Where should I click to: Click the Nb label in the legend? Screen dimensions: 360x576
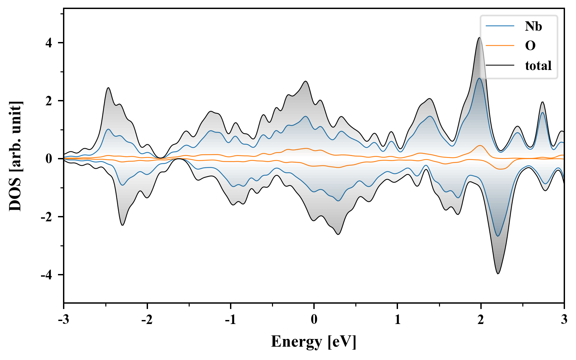[533, 26]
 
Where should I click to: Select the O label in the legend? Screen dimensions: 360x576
[530, 46]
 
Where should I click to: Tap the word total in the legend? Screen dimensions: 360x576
[538, 66]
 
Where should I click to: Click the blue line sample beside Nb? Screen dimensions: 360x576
[500, 26]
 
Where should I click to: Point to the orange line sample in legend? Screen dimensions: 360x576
[500, 46]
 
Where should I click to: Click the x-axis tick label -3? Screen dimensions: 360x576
[63, 320]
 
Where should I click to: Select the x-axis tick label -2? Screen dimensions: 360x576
[147, 320]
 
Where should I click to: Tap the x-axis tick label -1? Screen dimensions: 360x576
[230, 320]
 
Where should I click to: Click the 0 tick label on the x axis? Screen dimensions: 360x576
[314, 320]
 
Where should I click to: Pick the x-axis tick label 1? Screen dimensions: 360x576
[397, 320]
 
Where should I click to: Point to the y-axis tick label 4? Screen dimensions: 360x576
[49, 43]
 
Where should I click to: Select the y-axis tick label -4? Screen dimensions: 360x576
[47, 275]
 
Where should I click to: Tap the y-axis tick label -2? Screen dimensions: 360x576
[47, 217]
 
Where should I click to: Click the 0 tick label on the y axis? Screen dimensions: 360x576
[49, 159]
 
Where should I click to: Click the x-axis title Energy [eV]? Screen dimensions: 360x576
[314, 342]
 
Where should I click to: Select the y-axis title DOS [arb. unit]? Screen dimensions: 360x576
[15, 156]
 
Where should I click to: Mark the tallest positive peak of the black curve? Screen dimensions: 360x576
[480, 38]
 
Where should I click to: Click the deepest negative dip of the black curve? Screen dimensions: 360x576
[498, 274]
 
